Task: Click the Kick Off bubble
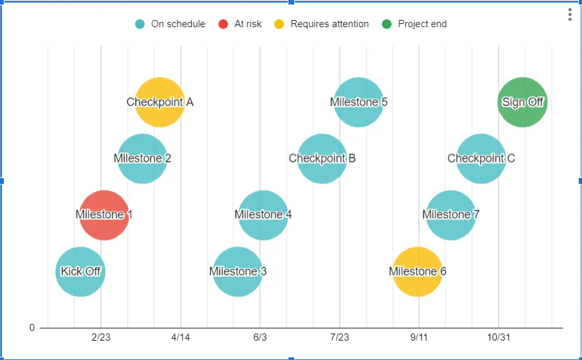(80, 272)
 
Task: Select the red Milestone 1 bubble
(104, 215)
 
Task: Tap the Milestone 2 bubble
(143, 159)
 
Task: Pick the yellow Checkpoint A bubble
(160, 102)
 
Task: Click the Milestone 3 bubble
(237, 272)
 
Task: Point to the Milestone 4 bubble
(263, 215)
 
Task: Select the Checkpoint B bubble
(322, 159)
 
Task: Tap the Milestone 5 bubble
(359, 102)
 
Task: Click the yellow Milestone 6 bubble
(417, 272)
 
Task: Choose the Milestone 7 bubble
(451, 215)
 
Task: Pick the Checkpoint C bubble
(481, 159)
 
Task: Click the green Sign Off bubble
(523, 102)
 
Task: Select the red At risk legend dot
(223, 24)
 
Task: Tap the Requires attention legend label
(329, 24)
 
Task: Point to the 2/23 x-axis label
(101, 337)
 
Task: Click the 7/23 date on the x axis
(339, 337)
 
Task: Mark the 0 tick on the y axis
(32, 328)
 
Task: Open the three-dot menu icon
(570, 15)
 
